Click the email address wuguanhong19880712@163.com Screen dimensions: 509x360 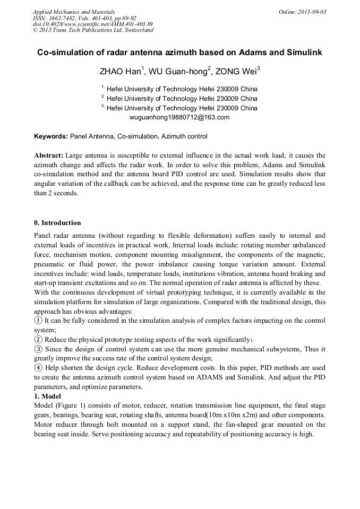click(179, 117)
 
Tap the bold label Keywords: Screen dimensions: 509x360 click(51, 136)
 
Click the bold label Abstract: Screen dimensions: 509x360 click(48, 156)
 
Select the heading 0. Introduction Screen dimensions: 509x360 click(57, 222)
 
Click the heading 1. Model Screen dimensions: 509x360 click(47, 396)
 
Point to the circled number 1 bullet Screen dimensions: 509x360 click(38, 321)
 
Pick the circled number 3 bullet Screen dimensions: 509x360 click(38, 349)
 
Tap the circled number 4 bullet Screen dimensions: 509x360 click(38, 368)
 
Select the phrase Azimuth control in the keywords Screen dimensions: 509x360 click(184, 136)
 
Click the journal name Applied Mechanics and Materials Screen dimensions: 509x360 click(74, 12)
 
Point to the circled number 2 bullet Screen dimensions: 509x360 click(38, 340)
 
